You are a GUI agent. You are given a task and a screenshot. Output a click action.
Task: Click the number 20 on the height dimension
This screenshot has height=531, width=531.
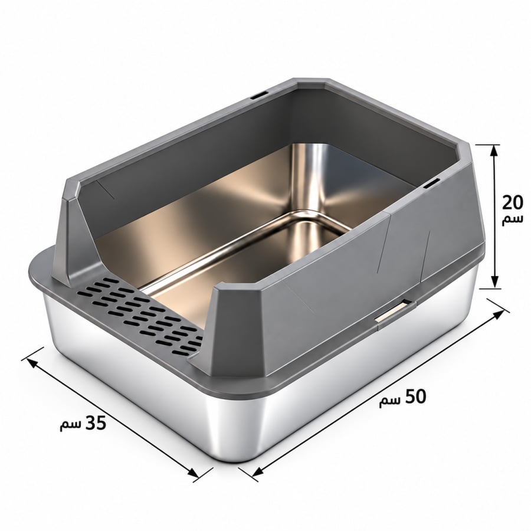click(512, 202)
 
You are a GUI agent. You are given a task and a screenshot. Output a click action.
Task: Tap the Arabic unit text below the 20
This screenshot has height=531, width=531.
click(512, 219)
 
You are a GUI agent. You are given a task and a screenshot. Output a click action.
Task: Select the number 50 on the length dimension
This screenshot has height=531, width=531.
click(415, 396)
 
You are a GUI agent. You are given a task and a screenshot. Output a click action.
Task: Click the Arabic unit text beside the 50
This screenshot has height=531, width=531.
click(390, 401)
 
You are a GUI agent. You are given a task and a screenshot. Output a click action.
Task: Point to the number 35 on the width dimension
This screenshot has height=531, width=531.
click(96, 422)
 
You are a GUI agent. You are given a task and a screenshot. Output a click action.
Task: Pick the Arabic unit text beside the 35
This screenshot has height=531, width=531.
click(71, 425)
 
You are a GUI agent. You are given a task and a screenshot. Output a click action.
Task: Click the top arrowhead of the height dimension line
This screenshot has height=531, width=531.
click(495, 150)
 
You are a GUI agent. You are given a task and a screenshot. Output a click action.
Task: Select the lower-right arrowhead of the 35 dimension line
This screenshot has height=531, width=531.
click(193, 473)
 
